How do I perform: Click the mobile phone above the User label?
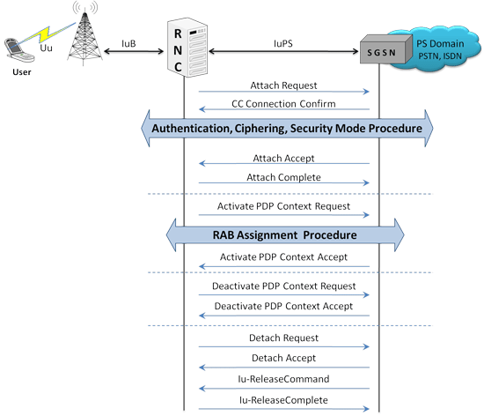18,50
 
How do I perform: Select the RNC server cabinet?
187,48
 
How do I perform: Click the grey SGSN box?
385,49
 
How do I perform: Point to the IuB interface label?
128,43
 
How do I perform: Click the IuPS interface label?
283,43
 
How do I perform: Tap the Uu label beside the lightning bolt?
46,48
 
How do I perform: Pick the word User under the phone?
22,72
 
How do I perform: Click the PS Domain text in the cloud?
440,43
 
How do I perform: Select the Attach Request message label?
283,85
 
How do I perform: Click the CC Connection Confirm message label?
283,103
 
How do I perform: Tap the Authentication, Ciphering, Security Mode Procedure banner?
287,129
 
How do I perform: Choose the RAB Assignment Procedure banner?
285,235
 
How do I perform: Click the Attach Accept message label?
283,159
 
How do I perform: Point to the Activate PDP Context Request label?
283,206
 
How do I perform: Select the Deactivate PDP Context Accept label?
283,306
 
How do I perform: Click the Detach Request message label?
283,338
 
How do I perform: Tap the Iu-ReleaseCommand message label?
283,379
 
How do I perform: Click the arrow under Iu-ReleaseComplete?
284,409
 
